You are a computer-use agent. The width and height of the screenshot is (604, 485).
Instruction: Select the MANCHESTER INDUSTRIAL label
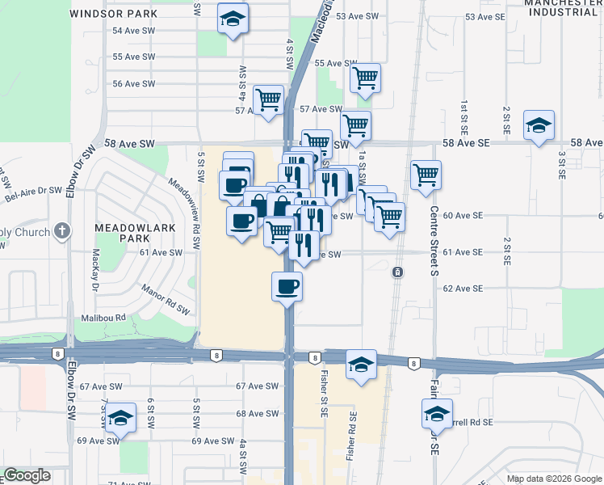pos(563,8)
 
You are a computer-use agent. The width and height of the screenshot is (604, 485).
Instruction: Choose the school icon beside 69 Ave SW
pos(120,418)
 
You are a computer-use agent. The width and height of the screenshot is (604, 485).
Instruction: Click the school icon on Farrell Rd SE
pos(437,415)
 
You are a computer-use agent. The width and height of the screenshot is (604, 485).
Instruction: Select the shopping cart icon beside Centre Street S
pos(426,173)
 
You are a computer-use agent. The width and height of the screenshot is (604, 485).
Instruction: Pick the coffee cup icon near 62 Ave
pos(287,285)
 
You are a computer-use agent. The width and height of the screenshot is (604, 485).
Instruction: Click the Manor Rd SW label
pos(164,298)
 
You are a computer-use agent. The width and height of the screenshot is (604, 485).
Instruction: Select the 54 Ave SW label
pos(134,30)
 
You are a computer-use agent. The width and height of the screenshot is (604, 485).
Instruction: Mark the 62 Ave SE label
pos(463,289)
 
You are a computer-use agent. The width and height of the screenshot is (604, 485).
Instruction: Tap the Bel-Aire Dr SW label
pos(33,193)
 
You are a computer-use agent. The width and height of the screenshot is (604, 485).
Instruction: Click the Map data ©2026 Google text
pos(553,479)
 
